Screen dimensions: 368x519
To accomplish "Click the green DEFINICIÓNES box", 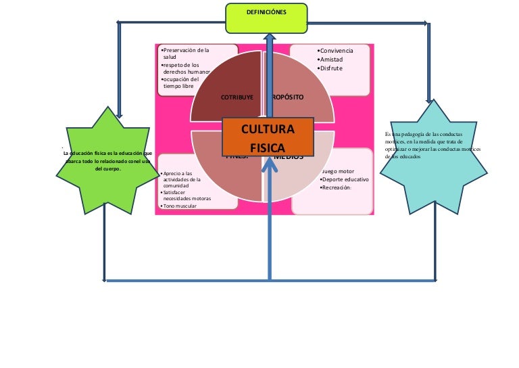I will pyautogui.click(x=266, y=18).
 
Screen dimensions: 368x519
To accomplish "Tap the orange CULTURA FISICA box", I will pyautogui.click(x=268, y=137).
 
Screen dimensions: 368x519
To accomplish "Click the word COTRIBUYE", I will pyautogui.click(x=237, y=97).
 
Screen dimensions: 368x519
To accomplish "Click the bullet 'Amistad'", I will pyautogui.click(x=332, y=60).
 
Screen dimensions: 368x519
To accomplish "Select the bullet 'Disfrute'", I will pyautogui.click(x=331, y=68).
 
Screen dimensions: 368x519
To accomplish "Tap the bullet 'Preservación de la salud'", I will pyautogui.click(x=186, y=53).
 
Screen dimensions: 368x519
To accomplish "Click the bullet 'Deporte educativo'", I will pyautogui.click(x=345, y=179).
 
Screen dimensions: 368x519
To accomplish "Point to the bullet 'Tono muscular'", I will pyautogui.click(x=179, y=206).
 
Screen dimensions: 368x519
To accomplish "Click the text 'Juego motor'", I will pyautogui.click(x=347, y=171).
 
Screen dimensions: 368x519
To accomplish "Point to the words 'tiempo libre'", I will pyautogui.click(x=178, y=87).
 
